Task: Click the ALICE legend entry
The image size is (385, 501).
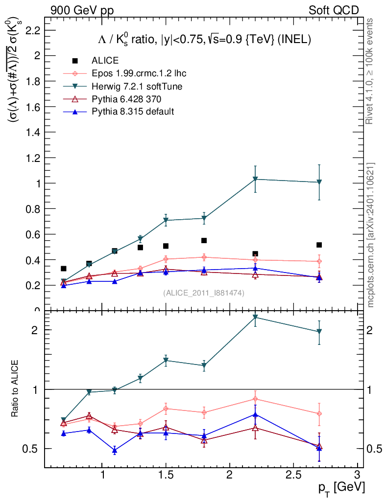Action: [105, 61]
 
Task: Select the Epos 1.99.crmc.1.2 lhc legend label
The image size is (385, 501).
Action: [139, 73]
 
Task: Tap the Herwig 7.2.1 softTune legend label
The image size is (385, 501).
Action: [137, 86]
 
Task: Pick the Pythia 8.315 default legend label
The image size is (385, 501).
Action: [133, 112]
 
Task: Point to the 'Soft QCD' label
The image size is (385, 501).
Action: [334, 10]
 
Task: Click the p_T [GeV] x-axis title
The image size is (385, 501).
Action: [341, 487]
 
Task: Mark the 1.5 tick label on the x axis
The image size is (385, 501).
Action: [166, 475]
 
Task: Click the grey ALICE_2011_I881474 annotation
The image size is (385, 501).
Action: [204, 293]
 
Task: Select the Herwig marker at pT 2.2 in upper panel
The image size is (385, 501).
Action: [255, 179]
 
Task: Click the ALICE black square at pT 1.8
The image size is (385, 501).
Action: [204, 241]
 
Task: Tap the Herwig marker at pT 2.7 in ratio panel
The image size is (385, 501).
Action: [319, 332]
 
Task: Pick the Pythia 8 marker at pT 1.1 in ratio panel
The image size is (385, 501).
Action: [115, 451]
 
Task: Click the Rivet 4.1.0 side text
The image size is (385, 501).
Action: [370, 71]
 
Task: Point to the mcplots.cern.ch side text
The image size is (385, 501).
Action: [370, 235]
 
